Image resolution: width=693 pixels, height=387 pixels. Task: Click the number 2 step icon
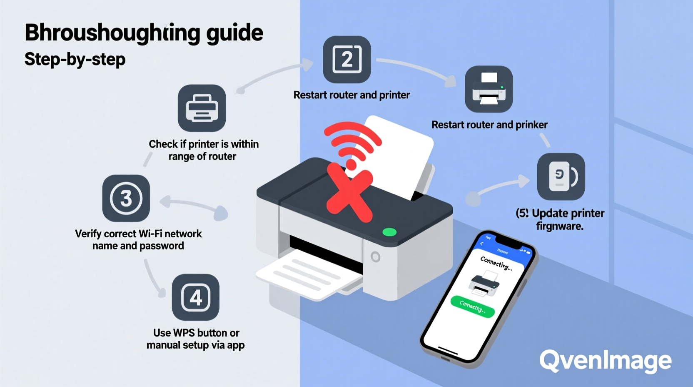[347, 59]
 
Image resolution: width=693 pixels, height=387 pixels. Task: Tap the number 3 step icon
[126, 198]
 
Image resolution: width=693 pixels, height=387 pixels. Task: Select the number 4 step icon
[195, 297]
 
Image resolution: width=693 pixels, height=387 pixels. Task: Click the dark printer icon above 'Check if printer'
[202, 108]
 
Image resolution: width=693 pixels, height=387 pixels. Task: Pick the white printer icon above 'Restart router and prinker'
[489, 89]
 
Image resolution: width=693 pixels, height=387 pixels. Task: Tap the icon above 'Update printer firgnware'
[561, 176]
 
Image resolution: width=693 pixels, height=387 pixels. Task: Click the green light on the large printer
[389, 232]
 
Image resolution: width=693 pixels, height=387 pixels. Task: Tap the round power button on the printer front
[375, 257]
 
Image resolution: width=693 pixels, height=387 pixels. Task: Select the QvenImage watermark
[605, 361]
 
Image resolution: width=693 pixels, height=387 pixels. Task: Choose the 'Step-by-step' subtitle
[75, 59]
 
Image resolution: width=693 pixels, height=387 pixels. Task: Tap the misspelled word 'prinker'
[531, 125]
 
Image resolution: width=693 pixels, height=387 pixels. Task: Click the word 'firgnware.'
[560, 226]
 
